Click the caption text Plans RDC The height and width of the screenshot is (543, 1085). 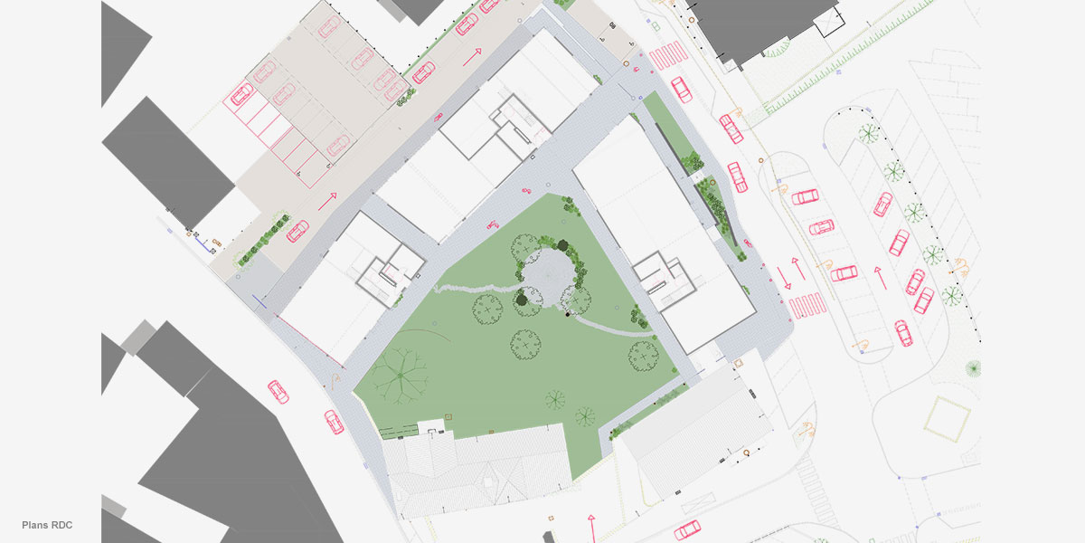coord(47,525)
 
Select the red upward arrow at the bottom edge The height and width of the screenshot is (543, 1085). coord(591,526)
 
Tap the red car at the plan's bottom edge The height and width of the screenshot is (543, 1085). coord(687,530)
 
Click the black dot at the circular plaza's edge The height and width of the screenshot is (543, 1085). coord(568,315)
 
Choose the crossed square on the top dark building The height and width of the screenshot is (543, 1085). coord(826,24)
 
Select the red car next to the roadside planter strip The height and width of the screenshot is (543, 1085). coord(297,232)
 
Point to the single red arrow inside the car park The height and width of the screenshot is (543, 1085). coord(879,276)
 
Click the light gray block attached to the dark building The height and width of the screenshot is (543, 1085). coord(137,337)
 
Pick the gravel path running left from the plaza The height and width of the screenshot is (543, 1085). coord(475,289)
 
